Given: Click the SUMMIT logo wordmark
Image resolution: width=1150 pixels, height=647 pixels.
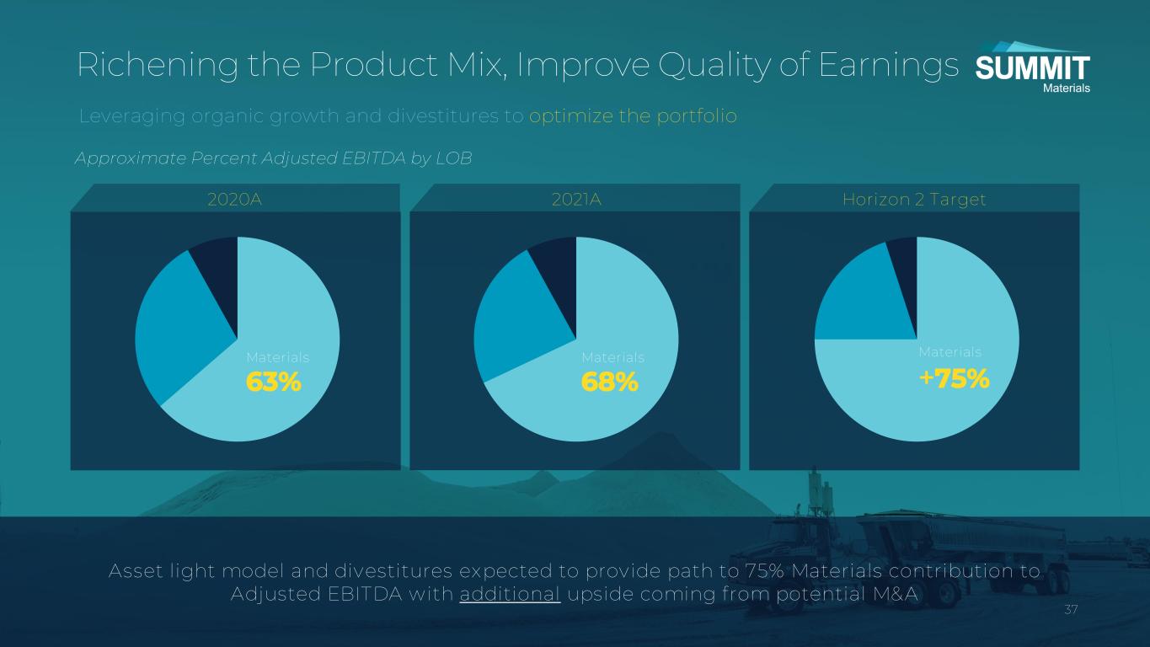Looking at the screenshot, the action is click(x=1032, y=69).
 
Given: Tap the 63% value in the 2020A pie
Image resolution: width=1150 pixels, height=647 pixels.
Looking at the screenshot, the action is click(x=274, y=382).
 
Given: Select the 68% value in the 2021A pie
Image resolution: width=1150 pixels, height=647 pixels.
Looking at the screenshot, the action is click(x=609, y=382).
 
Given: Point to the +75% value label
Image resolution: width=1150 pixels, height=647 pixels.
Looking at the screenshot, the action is click(x=954, y=379).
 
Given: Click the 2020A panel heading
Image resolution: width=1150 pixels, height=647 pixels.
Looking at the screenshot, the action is click(x=234, y=199).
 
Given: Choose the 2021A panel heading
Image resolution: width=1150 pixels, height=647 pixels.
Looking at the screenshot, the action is click(x=576, y=199).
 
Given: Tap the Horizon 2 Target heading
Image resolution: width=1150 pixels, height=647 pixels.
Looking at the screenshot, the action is click(x=914, y=200).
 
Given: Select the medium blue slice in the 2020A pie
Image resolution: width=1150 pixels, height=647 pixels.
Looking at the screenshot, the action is click(x=179, y=329).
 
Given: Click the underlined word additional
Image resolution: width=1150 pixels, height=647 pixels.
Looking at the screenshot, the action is click(x=510, y=594).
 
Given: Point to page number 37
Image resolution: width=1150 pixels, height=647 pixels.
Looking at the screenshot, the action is click(x=1071, y=610).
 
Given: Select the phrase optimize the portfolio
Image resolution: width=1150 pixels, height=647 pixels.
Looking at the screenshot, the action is click(x=633, y=116).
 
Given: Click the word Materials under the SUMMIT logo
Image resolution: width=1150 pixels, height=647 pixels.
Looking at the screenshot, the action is click(x=1067, y=88).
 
